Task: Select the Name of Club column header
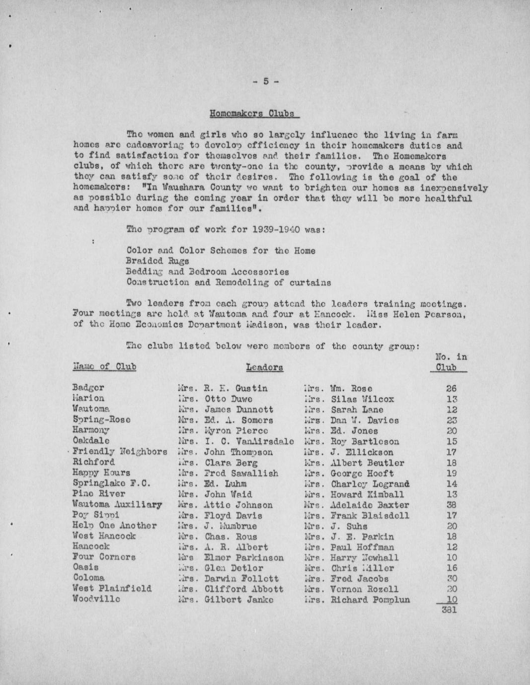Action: [104, 367]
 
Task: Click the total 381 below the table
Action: [449, 610]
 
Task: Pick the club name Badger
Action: [88, 388]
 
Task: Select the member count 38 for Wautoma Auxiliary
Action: [451, 505]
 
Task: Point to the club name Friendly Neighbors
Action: [120, 452]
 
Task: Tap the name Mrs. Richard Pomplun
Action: [357, 600]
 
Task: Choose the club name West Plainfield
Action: [112, 588]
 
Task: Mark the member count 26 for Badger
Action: [451, 388]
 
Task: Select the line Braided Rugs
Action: [158, 261]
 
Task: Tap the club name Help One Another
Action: [115, 525]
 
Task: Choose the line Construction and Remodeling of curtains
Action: [228, 282]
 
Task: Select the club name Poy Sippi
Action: [95, 515]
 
